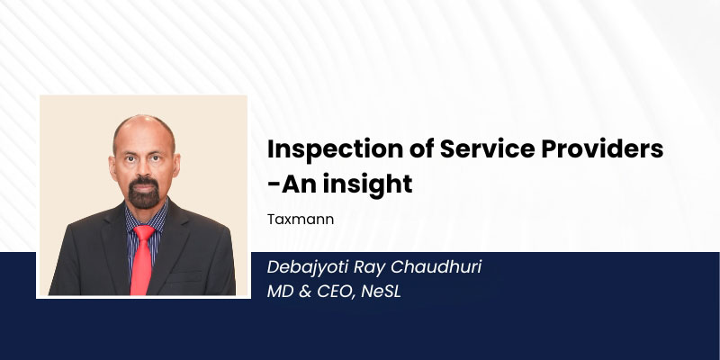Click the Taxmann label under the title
[301, 220]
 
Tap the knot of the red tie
[144, 232]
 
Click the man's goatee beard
[144, 193]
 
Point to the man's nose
[145, 168]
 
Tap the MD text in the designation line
[281, 292]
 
